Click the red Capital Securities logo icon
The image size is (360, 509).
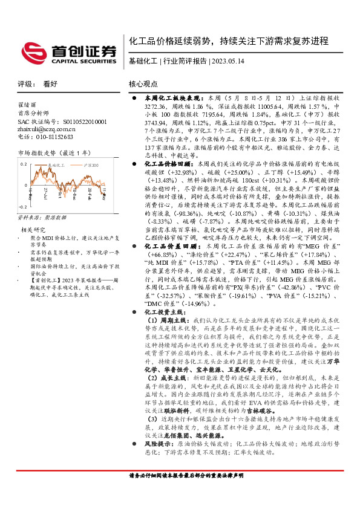[32, 51]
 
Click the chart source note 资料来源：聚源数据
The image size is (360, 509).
[42, 216]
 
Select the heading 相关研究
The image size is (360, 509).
[33, 230]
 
